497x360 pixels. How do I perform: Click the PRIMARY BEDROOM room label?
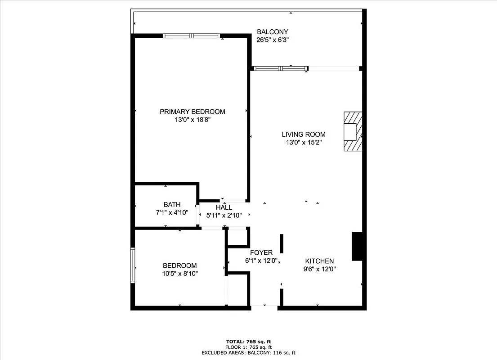pyautogui.click(x=192, y=112)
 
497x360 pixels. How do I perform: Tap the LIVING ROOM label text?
pyautogui.click(x=304, y=134)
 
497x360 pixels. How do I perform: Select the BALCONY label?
pyautogui.click(x=272, y=31)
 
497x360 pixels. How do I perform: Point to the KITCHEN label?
pyautogui.click(x=319, y=261)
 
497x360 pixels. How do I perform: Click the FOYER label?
pyautogui.click(x=261, y=252)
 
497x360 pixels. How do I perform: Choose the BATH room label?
pyautogui.click(x=172, y=204)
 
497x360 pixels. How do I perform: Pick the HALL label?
pyautogui.click(x=224, y=207)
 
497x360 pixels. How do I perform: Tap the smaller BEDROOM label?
pyautogui.click(x=179, y=265)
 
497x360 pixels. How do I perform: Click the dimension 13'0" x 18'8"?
pyautogui.click(x=192, y=120)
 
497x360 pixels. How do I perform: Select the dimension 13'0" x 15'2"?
pyautogui.click(x=304, y=142)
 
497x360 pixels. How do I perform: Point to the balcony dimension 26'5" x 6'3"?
pyautogui.click(x=272, y=40)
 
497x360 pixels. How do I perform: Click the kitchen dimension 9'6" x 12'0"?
pyautogui.click(x=319, y=269)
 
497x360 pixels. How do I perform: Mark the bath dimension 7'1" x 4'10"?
pyautogui.click(x=172, y=212)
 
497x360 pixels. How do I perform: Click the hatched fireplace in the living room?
pyautogui.click(x=353, y=132)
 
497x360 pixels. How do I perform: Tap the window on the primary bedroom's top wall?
pyautogui.click(x=192, y=36)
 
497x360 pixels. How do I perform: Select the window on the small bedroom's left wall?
pyautogui.click(x=133, y=265)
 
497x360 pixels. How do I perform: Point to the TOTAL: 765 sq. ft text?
pyautogui.click(x=248, y=342)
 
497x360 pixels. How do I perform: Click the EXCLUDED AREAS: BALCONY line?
pyautogui.click(x=248, y=353)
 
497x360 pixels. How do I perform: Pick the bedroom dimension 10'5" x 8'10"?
pyautogui.click(x=179, y=274)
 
